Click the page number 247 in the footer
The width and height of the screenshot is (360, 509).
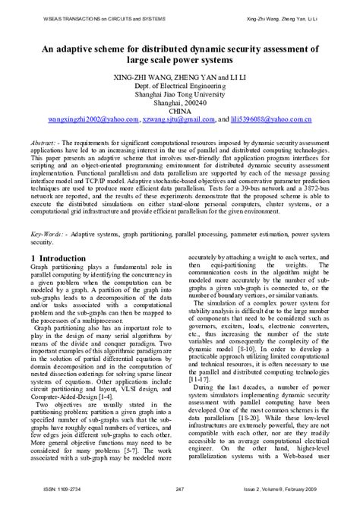pyautogui.click(x=180, y=495)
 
